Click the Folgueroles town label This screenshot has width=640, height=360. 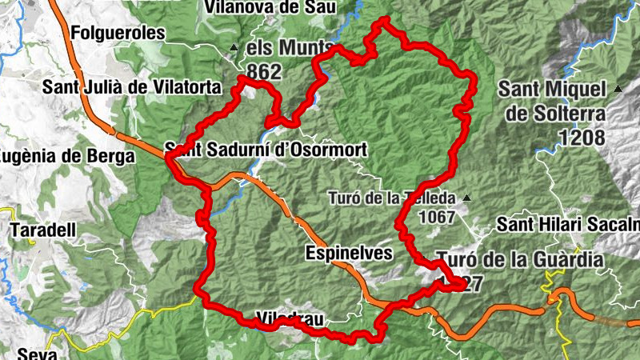click(x=117, y=33)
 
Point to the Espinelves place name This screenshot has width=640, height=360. click(x=350, y=254)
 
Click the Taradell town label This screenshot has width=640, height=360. click(x=43, y=230)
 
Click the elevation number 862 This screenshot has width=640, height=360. click(x=264, y=72)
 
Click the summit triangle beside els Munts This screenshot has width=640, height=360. click(x=234, y=47)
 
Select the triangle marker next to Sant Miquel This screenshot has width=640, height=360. click(x=618, y=89)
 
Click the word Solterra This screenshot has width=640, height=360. click(x=561, y=113)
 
